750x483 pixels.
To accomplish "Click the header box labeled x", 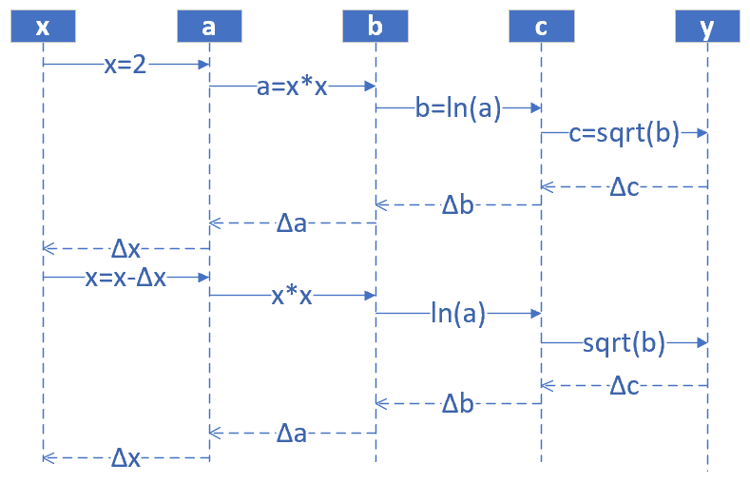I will [x=43, y=27].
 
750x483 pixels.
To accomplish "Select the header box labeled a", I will [x=209, y=27].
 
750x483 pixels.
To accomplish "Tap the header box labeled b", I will [x=375, y=27].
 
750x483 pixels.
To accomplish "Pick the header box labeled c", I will [x=541, y=27].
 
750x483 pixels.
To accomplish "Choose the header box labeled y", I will [x=707, y=27].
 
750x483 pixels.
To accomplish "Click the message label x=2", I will [x=125, y=65].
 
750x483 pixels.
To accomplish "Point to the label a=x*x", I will [x=293, y=87].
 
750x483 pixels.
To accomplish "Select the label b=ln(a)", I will [x=458, y=108].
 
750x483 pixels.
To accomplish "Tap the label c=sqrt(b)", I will [x=625, y=133].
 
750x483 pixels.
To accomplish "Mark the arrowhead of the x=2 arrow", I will [x=204, y=65].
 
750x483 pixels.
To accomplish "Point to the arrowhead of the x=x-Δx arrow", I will [x=204, y=277].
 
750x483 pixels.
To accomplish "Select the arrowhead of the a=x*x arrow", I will [x=371, y=87].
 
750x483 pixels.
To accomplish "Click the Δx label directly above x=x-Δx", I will [x=125, y=249].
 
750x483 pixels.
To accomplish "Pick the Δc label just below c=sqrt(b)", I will [x=625, y=187].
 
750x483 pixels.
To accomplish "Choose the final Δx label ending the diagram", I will [x=125, y=458].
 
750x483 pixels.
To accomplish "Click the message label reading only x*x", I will [x=292, y=296].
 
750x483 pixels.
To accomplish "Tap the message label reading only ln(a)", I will [x=458, y=313].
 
